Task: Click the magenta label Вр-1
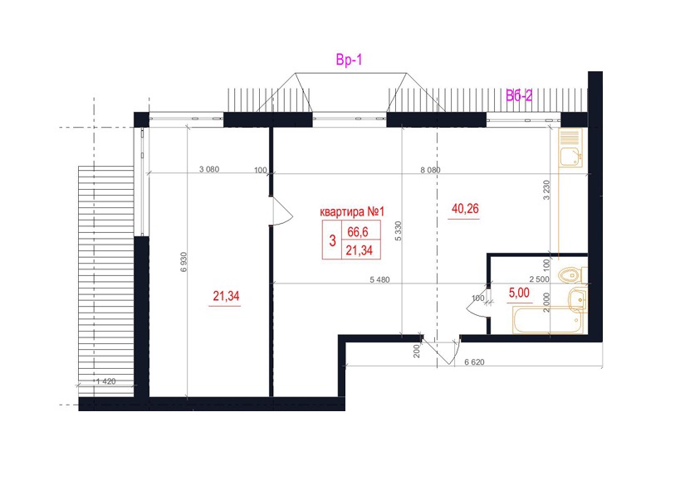pyautogui.click(x=349, y=61)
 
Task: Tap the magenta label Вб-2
pyautogui.click(x=519, y=95)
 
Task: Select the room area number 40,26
pyautogui.click(x=465, y=209)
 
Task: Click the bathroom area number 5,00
pyautogui.click(x=519, y=293)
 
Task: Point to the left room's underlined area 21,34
pyautogui.click(x=226, y=296)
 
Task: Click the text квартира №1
pyautogui.click(x=352, y=212)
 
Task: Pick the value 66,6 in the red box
pyautogui.click(x=358, y=232)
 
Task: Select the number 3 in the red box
pyautogui.click(x=332, y=240)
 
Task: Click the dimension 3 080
pyautogui.click(x=209, y=169)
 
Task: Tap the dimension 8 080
pyautogui.click(x=430, y=170)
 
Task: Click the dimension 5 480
pyautogui.click(x=379, y=279)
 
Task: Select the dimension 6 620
pyautogui.click(x=474, y=361)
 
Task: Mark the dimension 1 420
pyautogui.click(x=105, y=381)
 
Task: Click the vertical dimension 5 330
pyautogui.click(x=399, y=231)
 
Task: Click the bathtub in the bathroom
pyautogui.click(x=548, y=320)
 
